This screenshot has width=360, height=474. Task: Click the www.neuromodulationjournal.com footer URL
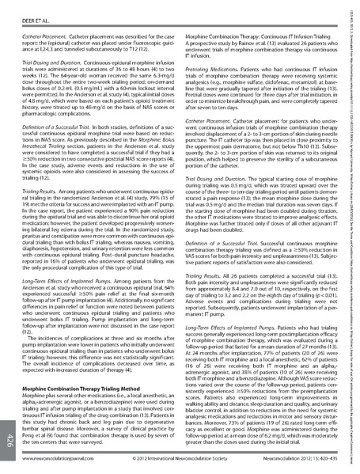64,458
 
